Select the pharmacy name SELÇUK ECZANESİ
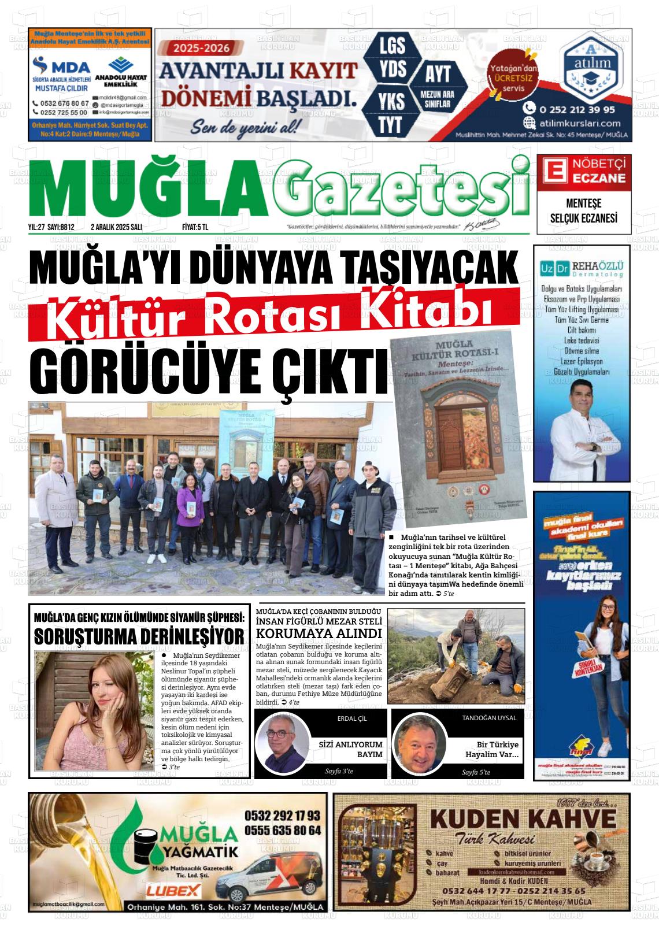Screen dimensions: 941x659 (x=583, y=219)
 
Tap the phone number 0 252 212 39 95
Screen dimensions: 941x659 (x=577, y=109)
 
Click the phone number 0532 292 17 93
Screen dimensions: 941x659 (x=282, y=816)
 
